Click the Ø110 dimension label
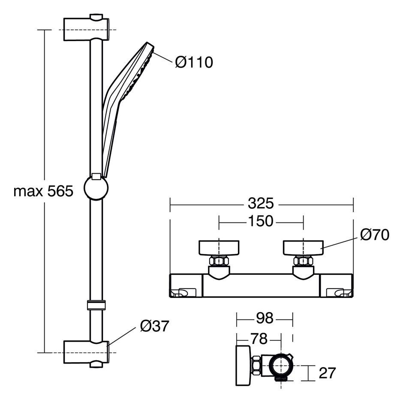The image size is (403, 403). point(194,62)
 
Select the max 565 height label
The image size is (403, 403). point(43,191)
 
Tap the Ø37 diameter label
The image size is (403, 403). point(154,326)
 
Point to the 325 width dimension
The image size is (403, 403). point(261,204)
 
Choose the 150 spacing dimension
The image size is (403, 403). point(261,221)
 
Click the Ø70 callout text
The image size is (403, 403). point(375,235)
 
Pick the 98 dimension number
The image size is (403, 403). point(265,318)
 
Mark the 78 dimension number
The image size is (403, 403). point(259,339)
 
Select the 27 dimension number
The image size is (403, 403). point(327,373)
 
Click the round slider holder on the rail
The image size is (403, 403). point(96,187)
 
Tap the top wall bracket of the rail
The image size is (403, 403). point(86,29)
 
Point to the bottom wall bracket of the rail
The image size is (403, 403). point(86,352)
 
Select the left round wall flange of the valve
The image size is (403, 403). point(219,248)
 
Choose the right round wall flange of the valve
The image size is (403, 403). point(303,248)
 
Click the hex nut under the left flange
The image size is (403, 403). point(219,262)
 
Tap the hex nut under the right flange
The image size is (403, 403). point(303,262)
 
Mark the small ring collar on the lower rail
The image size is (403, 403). point(96,305)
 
